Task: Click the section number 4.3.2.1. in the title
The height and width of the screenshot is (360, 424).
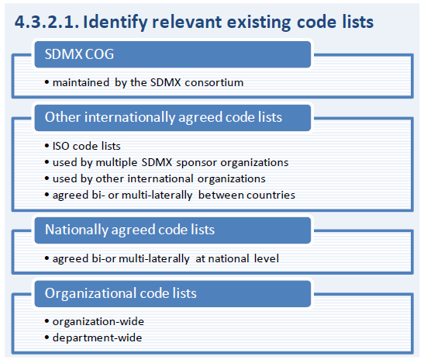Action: click(47, 22)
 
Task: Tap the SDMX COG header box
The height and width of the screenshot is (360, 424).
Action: click(173, 54)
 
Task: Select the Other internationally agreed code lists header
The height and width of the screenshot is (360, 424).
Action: click(173, 118)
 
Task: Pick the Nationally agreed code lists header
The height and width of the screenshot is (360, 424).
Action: click(173, 230)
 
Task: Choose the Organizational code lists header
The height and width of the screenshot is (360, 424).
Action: click(173, 294)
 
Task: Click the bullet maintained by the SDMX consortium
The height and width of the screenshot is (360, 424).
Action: click(144, 82)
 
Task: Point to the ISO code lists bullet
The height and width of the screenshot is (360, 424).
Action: click(82, 146)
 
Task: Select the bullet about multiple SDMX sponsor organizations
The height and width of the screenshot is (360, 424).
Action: click(167, 163)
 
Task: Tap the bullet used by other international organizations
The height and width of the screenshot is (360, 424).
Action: click(155, 179)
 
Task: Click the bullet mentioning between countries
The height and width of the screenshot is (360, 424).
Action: click(170, 196)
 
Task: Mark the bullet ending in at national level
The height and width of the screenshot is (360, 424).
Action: click(162, 259)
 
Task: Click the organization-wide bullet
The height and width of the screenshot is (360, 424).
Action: click(95, 322)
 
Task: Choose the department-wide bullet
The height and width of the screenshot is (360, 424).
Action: click(93, 337)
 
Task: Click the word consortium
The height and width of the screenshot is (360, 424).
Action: click(214, 82)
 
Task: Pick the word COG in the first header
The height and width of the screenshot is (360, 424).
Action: click(99, 54)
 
